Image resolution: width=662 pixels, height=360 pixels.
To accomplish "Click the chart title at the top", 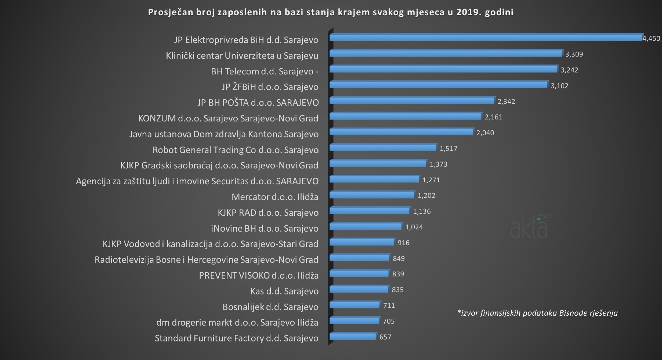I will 331,12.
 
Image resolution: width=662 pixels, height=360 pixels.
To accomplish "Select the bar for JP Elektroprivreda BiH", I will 486,38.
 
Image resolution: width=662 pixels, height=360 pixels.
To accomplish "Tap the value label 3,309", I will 574,54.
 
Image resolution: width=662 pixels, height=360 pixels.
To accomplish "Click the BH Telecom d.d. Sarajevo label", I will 264,71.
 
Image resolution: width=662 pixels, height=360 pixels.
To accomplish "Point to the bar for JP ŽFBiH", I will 439,85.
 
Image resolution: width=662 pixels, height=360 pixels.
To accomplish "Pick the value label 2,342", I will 506,102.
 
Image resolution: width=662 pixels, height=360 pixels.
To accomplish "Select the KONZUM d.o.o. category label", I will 228,118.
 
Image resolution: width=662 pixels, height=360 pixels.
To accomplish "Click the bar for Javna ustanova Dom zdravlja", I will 401,132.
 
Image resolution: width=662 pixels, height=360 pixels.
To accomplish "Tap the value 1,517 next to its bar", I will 448,149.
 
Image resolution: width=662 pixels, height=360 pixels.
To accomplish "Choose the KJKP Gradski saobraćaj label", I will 219,165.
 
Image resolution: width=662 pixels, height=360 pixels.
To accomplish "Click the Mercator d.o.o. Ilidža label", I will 275,197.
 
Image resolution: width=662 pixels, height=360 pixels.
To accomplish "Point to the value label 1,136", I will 422,211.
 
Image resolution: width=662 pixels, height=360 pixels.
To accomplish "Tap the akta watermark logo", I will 529,228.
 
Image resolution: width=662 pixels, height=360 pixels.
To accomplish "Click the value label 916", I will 403,243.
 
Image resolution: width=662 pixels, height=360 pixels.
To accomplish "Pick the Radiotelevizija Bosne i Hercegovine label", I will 206,260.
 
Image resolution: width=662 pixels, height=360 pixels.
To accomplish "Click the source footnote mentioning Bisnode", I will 537,313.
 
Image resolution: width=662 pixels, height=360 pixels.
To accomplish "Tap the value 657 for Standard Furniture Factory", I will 385,337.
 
